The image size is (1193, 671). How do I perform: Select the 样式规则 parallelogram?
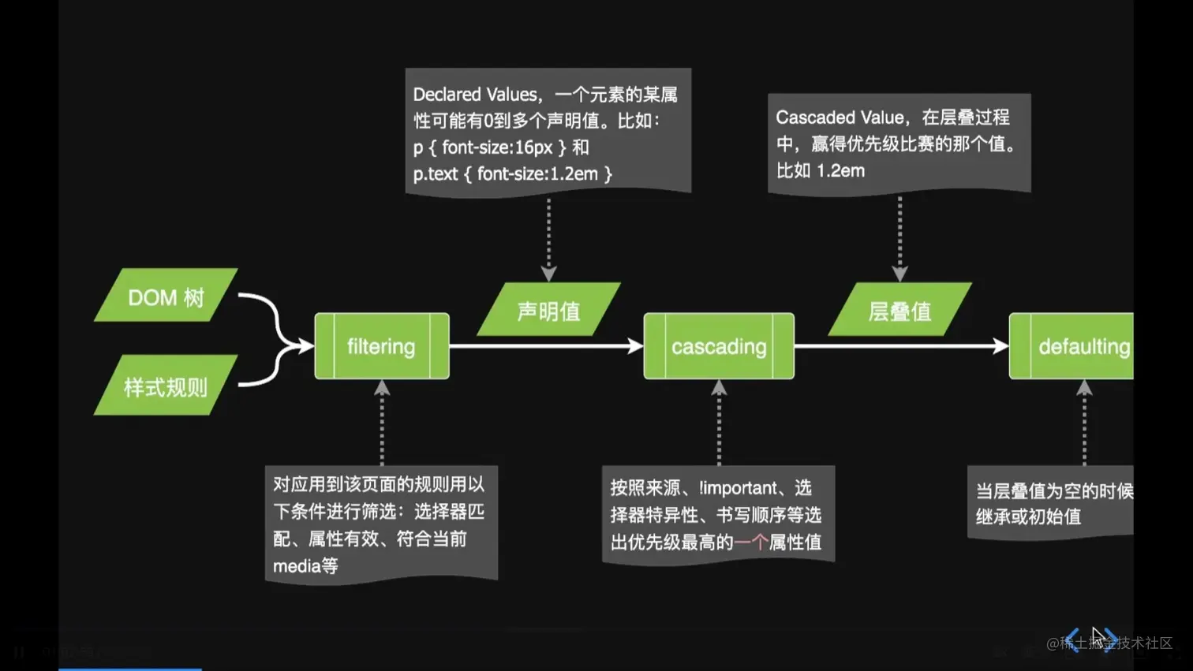tap(166, 386)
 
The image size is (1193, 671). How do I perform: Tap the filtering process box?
tap(382, 346)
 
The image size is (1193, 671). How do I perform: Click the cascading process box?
tap(719, 346)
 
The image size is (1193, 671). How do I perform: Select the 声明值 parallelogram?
tap(548, 310)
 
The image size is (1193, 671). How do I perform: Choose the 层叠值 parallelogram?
tap(899, 310)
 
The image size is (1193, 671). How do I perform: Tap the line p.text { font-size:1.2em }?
tap(512, 173)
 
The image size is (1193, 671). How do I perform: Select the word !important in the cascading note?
tap(738, 488)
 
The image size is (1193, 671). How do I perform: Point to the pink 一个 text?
tap(750, 542)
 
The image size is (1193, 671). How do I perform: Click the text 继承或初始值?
tap(1028, 517)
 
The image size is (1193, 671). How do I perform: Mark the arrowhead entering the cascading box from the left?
tap(636, 346)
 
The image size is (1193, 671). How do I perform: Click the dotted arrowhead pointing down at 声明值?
tap(548, 274)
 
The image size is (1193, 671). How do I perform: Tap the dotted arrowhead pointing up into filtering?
tap(382, 388)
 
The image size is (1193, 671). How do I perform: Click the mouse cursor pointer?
tap(1097, 636)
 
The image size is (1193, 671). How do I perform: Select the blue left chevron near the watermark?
tap(1072, 639)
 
